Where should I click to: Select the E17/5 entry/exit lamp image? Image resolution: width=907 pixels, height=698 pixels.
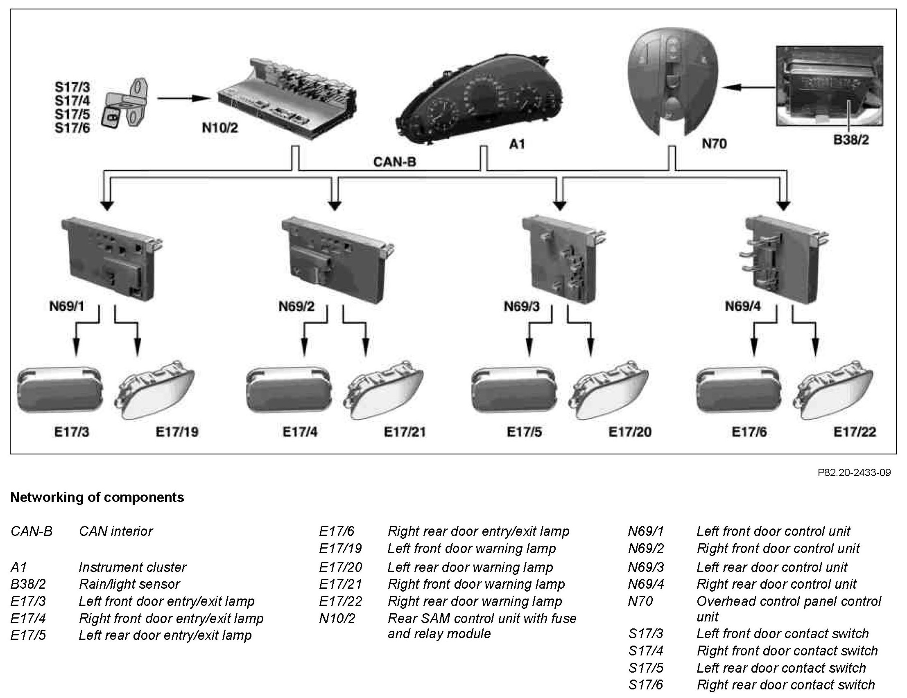pos(513,390)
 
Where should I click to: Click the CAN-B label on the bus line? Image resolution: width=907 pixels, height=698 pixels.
pos(394,162)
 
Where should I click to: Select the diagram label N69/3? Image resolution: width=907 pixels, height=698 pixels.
pos(522,307)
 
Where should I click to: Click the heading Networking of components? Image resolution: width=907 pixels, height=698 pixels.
pos(97,497)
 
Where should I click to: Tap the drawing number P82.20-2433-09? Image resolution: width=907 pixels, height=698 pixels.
pos(854,472)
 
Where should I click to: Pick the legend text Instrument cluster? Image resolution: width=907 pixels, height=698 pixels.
pos(133,567)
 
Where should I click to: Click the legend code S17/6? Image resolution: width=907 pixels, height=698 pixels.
pos(645,684)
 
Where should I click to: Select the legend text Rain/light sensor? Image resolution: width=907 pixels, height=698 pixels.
pos(129,584)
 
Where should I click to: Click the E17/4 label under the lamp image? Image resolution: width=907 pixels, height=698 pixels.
pos(300,432)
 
